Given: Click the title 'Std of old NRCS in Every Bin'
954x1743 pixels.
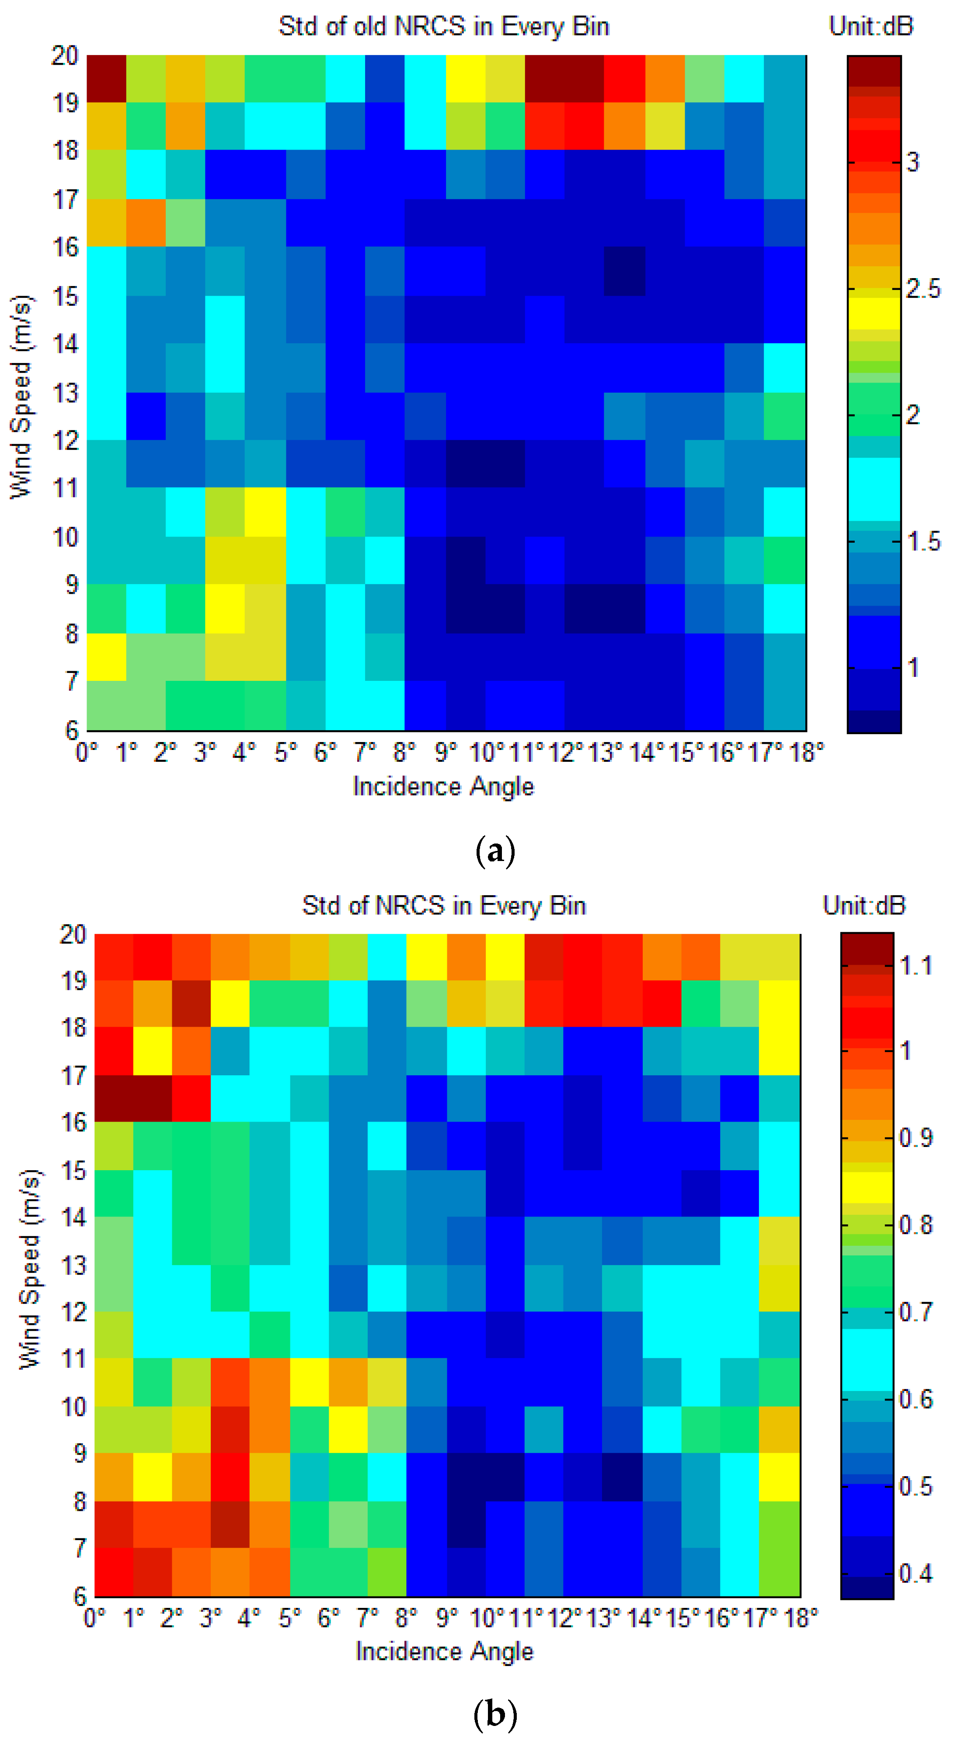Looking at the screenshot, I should pyautogui.click(x=444, y=26).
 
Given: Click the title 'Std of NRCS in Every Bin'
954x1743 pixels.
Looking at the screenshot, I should pyautogui.click(x=444, y=905).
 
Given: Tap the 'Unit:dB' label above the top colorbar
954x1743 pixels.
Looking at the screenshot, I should pyautogui.click(x=871, y=26).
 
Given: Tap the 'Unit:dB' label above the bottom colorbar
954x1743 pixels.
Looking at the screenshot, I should pyautogui.click(x=864, y=905).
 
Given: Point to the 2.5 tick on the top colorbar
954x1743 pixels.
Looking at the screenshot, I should pyautogui.click(x=923, y=289).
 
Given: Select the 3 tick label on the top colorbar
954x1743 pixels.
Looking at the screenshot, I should pyautogui.click(x=913, y=162).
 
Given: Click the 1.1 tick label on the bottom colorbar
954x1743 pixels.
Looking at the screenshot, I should pyautogui.click(x=916, y=966).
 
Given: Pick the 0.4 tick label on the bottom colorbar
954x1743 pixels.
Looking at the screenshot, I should pyautogui.click(x=916, y=1574).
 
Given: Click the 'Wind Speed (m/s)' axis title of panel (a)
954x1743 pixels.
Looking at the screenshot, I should pyautogui.click(x=22, y=397).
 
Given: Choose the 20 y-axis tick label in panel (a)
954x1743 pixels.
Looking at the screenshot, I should pyautogui.click(x=65, y=56).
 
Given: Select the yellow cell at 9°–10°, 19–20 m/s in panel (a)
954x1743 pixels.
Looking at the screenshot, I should pyautogui.click(x=466, y=78).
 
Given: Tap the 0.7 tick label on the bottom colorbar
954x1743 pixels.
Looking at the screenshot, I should pyautogui.click(x=916, y=1312).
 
